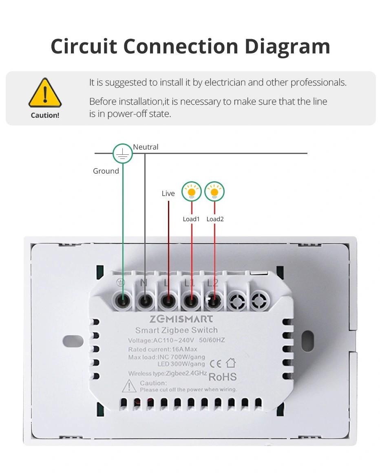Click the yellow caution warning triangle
click(x=45, y=93)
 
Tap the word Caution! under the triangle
click(x=45, y=115)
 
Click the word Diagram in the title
click(x=287, y=46)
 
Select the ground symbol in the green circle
click(x=123, y=154)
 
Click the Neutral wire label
click(x=146, y=147)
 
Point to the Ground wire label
click(x=106, y=171)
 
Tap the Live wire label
click(x=168, y=194)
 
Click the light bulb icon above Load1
click(x=192, y=191)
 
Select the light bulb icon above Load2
click(x=214, y=191)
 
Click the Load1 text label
click(x=191, y=219)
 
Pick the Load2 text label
click(x=215, y=219)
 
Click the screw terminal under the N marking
click(x=145, y=301)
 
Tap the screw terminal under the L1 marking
click(x=189, y=301)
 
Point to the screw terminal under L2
click(x=212, y=301)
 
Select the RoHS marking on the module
click(x=223, y=376)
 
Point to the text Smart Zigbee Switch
click(x=176, y=330)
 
